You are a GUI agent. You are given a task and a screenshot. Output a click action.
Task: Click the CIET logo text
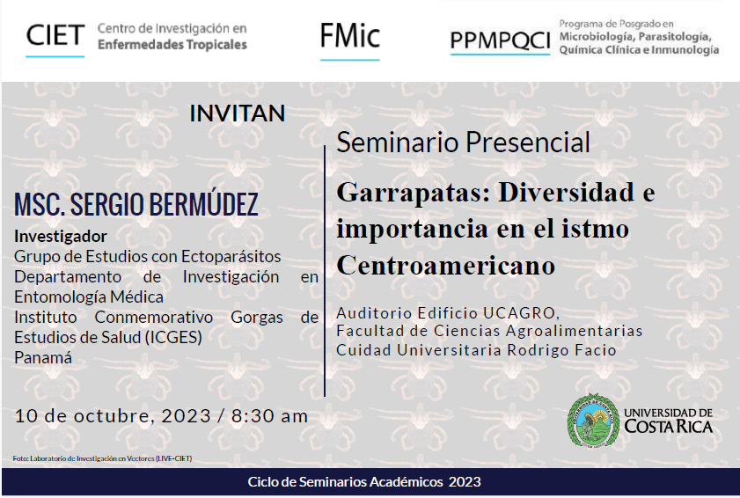55,35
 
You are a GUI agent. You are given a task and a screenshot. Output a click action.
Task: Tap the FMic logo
349,36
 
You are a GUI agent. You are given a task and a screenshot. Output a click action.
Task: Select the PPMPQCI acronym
501,40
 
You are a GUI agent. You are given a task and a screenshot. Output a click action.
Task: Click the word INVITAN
238,114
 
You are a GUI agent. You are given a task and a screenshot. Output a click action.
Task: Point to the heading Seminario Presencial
463,142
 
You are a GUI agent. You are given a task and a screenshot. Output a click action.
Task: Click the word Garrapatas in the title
414,193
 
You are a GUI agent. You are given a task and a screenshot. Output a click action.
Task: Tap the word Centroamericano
445,265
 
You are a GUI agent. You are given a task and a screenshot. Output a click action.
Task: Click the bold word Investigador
61,236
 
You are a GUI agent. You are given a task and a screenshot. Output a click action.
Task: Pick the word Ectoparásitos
231,256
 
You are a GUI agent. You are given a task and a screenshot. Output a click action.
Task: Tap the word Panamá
43,358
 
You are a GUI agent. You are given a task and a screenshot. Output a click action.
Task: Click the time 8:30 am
269,416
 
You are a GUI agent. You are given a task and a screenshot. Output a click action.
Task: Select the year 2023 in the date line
186,416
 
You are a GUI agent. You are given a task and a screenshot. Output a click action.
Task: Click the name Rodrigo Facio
561,350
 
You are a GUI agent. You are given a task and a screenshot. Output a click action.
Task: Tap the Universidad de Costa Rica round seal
593,420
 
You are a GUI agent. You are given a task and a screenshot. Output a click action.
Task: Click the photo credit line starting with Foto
102,458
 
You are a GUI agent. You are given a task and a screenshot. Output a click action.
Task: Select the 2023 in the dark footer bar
465,482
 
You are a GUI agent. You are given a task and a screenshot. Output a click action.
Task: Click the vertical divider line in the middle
325,271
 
